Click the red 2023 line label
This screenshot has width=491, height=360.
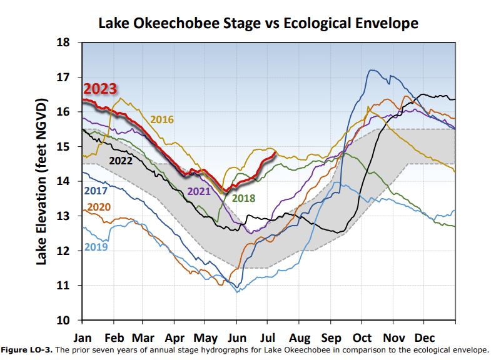click(x=100, y=89)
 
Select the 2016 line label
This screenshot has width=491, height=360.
click(x=161, y=119)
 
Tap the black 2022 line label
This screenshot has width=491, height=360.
click(x=121, y=160)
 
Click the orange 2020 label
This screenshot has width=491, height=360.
click(x=100, y=207)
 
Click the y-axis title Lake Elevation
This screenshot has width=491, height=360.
click(x=42, y=181)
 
